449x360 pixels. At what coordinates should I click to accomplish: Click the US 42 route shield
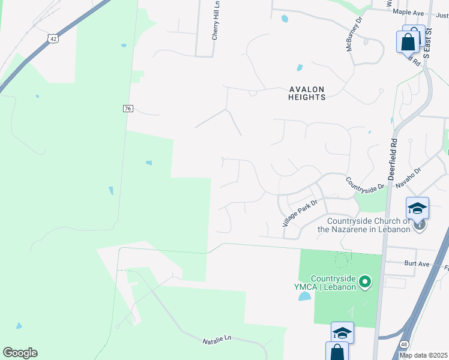[53, 38]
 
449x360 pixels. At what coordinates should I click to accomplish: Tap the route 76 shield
[127, 108]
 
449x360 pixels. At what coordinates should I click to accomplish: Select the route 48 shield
[404, 344]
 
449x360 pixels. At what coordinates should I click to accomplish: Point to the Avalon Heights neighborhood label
[307, 93]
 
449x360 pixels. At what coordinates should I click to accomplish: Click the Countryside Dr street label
[364, 184]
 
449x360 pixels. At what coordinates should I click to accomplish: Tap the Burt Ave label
[399, 263]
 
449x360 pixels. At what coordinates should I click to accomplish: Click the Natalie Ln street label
[218, 339]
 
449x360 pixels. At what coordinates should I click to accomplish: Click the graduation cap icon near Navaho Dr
[417, 208]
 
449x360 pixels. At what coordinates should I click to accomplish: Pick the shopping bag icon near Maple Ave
[408, 42]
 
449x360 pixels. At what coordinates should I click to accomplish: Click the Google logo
[20, 353]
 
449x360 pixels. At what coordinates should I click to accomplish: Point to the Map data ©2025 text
[423, 355]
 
